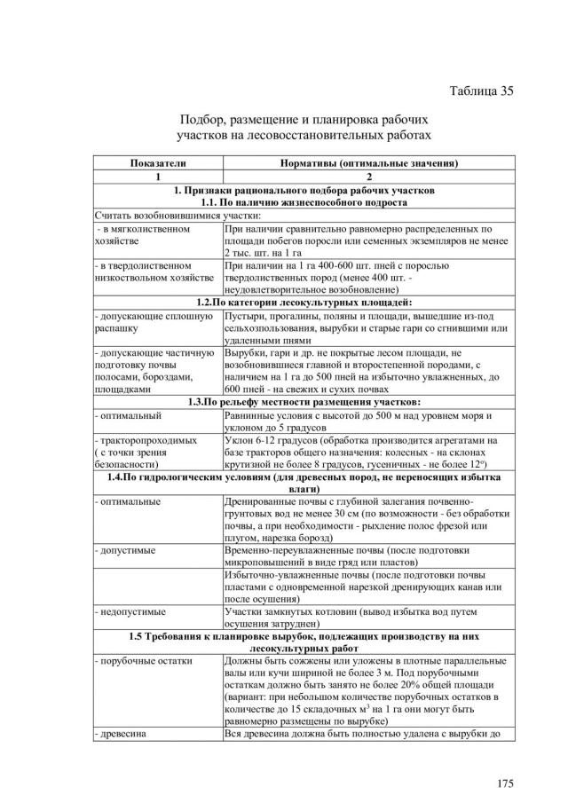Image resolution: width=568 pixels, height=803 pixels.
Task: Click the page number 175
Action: coord(504,783)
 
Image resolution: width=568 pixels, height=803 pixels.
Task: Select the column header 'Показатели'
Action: coord(158,164)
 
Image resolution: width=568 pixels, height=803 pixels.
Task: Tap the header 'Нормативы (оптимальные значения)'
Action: coord(368,164)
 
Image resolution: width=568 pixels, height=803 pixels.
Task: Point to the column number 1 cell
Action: coord(158,177)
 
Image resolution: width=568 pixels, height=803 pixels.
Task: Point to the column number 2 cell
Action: coord(368,177)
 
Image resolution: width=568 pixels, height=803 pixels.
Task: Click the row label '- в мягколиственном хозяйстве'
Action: coord(142,234)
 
